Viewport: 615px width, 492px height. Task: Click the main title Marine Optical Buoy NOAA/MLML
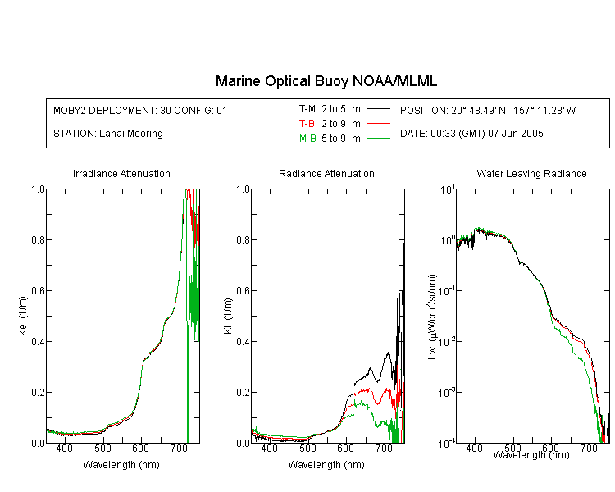click(326, 81)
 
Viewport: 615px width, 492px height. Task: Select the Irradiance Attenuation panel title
click(121, 173)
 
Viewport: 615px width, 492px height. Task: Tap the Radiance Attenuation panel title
click(326, 173)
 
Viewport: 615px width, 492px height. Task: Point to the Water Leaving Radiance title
click(531, 173)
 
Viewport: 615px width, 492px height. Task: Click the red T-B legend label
click(307, 124)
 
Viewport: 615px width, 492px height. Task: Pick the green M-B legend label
click(307, 138)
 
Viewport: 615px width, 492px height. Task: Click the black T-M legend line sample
click(378, 109)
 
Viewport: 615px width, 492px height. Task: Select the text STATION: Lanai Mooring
click(108, 134)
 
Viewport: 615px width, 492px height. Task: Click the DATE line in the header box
click(471, 134)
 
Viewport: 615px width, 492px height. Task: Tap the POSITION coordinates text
click(488, 110)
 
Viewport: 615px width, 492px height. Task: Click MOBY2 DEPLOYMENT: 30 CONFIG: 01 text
click(140, 110)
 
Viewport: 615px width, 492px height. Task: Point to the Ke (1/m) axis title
click(23, 316)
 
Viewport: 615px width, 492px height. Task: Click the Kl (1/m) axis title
click(228, 316)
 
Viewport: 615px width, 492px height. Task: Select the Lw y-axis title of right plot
click(432, 317)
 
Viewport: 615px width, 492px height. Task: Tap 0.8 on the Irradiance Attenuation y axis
click(38, 239)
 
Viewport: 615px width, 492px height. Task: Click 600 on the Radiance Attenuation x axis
click(345, 448)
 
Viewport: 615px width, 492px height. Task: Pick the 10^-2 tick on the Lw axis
click(447, 341)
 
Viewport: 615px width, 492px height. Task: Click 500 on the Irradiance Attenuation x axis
click(102, 448)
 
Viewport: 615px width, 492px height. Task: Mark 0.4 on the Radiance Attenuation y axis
click(243, 341)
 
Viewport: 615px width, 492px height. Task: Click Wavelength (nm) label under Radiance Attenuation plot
click(326, 465)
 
